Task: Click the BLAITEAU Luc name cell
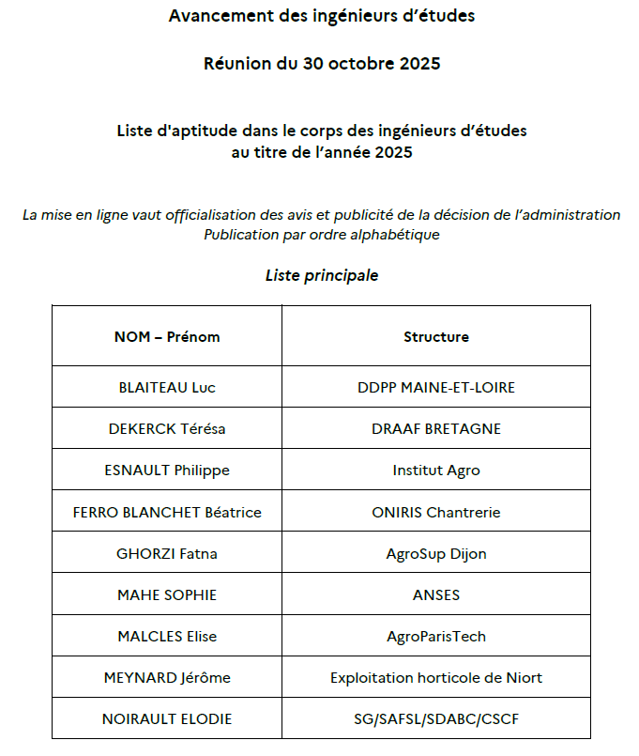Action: pos(167,387)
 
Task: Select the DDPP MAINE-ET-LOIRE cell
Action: pos(435,387)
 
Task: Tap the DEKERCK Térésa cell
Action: pos(167,429)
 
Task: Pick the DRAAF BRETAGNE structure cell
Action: pos(435,429)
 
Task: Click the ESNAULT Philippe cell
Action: pos(167,471)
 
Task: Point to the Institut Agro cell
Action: pos(435,471)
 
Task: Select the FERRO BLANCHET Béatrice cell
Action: pos(167,512)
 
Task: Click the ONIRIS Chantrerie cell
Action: pos(435,512)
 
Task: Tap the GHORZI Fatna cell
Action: pos(167,553)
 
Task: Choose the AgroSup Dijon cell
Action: pos(435,553)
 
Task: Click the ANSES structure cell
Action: pos(435,594)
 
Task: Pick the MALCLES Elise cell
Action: pos(167,636)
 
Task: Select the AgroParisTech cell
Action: pos(435,636)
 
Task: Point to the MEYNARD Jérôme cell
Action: pos(167,677)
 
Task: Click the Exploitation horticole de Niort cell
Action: pos(435,677)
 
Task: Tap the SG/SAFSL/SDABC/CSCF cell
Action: pos(435,719)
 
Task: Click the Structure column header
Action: pos(435,336)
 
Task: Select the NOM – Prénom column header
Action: pos(167,336)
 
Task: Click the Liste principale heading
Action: pos(322,275)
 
